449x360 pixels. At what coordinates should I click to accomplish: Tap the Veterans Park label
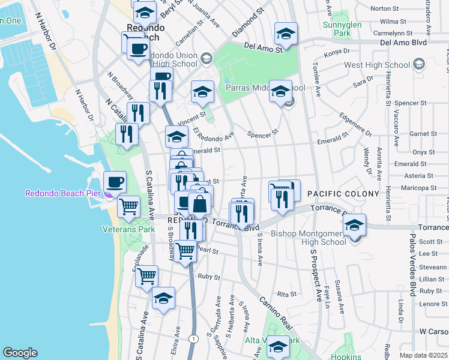[128, 229]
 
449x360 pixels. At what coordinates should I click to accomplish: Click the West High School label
[376, 65]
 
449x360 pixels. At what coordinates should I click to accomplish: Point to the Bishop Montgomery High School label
[309, 238]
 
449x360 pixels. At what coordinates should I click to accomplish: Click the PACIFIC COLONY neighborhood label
[343, 194]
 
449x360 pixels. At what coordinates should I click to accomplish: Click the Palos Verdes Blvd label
[412, 282]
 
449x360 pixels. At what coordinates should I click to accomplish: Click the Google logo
[19, 353]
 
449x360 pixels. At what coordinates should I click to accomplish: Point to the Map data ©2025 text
[424, 355]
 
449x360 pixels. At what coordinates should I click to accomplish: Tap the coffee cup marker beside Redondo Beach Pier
[115, 182]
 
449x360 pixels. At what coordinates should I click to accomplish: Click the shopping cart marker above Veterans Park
[129, 207]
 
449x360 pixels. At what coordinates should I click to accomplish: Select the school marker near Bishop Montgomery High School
[355, 225]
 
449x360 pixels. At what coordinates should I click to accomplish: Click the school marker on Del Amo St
[286, 34]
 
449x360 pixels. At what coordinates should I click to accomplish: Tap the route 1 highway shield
[193, 340]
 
